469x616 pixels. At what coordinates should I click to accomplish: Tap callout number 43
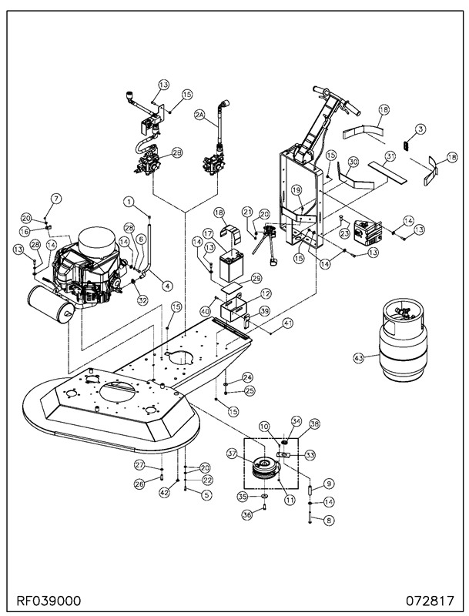[x=358, y=358]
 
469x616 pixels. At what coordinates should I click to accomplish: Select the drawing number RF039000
[x=48, y=601]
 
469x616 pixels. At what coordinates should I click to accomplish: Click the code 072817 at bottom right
[x=430, y=601]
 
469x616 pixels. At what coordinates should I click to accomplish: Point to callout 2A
[x=199, y=114]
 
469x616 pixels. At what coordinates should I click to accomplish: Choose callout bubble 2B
[x=178, y=153]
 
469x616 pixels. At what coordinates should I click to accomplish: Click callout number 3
[x=420, y=129]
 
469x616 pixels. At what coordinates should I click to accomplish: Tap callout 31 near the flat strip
[x=389, y=156]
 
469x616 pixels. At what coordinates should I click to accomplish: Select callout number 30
[x=353, y=162]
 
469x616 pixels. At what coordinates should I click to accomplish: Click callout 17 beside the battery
[x=208, y=233]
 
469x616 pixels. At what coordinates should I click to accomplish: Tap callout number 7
[x=56, y=199]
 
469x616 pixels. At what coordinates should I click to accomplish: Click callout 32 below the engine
[x=142, y=300]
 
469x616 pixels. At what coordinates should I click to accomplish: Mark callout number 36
[x=246, y=515]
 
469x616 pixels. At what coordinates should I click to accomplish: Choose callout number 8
[x=329, y=521]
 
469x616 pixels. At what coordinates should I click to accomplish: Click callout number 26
[x=140, y=484]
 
